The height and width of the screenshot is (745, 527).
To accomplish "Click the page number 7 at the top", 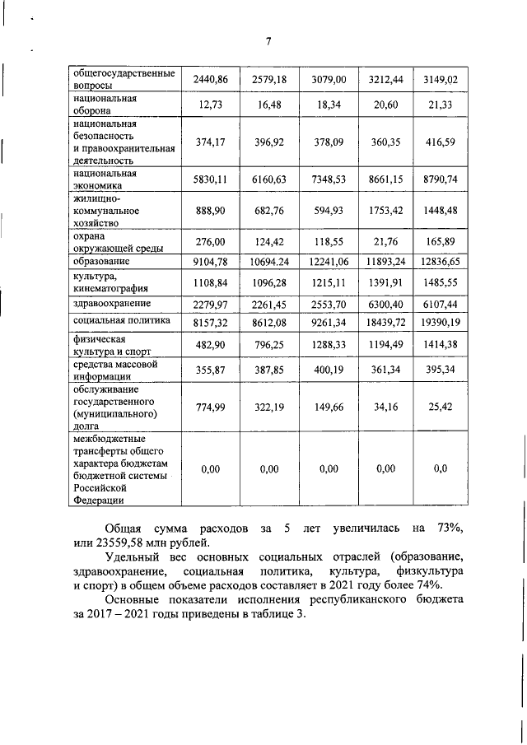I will pyautogui.click(x=268, y=42).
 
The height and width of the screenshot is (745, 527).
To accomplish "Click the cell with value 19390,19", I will pyautogui.click(x=438, y=322).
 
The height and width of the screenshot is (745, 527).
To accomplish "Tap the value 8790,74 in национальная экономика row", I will pyautogui.click(x=438, y=179).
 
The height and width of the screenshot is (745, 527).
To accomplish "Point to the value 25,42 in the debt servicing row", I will pyautogui.click(x=438, y=406).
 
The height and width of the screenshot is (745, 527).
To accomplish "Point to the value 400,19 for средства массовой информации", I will pyautogui.click(x=329, y=371).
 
